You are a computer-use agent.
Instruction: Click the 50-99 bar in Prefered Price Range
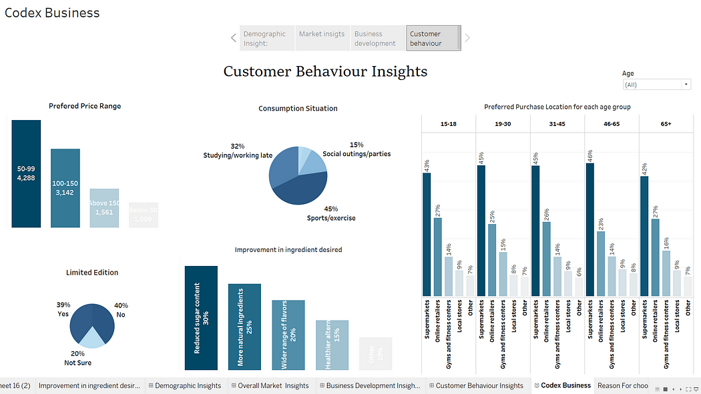pyautogui.click(x=26, y=174)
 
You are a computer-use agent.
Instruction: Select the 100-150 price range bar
pyautogui.click(x=65, y=188)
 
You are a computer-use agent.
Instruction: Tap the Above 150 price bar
pyautogui.click(x=104, y=208)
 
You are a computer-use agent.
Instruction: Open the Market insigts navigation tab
pyautogui.click(x=322, y=38)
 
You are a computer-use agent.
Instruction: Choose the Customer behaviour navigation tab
pyautogui.click(x=433, y=38)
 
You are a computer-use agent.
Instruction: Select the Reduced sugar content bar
pyautogui.click(x=201, y=318)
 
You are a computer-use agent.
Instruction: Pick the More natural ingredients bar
pyautogui.click(x=244, y=327)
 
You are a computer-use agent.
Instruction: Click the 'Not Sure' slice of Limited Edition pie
pyautogui.click(x=92, y=338)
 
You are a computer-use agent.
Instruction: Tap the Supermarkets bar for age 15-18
pyautogui.click(x=427, y=234)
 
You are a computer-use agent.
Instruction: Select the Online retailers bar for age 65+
pyautogui.click(x=655, y=257)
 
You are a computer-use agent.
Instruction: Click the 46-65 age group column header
pyautogui.click(x=611, y=124)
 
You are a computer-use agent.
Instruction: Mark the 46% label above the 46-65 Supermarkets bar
pyautogui.click(x=590, y=156)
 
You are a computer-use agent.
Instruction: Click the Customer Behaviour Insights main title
pyautogui.click(x=325, y=71)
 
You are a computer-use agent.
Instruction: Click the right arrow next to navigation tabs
pyautogui.click(x=467, y=38)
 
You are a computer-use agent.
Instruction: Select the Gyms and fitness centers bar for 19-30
pyautogui.click(x=502, y=273)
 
